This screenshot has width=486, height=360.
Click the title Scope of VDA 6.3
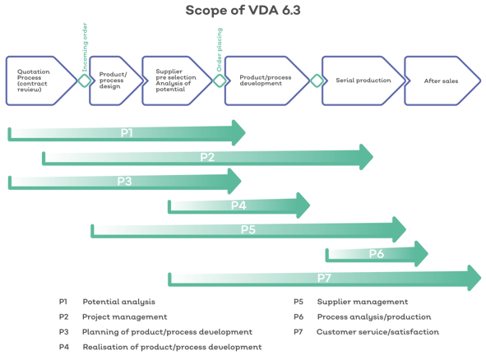(243, 10)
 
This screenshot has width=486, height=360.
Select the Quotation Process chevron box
(42, 81)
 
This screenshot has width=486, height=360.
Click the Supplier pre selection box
(177, 81)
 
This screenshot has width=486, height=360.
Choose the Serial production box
(363, 81)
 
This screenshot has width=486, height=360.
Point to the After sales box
(442, 81)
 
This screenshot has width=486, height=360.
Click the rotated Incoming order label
(85, 47)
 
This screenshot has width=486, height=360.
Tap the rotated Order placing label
(220, 49)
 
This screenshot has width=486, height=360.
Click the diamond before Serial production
(317, 81)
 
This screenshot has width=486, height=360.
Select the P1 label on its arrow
(127, 132)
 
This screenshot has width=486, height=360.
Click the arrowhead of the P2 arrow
(367, 157)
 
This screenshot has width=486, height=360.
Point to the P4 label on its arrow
(238, 205)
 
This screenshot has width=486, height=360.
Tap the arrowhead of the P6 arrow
(422, 253)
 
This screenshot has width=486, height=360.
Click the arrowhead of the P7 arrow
(474, 278)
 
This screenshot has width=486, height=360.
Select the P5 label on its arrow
(248, 229)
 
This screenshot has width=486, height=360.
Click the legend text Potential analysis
(118, 302)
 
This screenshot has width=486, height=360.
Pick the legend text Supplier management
(363, 302)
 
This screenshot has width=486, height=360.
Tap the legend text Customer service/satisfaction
(377, 332)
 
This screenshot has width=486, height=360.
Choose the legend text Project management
(125, 317)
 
